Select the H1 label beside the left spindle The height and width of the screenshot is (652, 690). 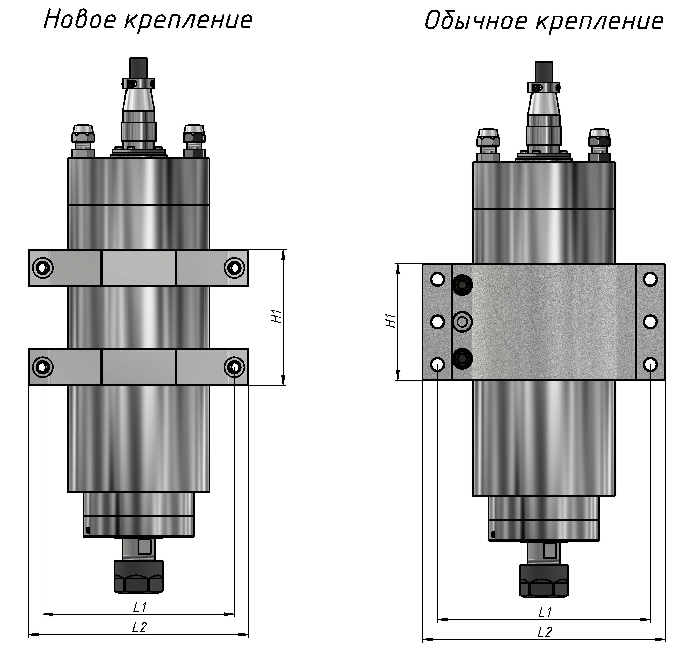276,316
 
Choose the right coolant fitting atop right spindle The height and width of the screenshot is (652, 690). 599,141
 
